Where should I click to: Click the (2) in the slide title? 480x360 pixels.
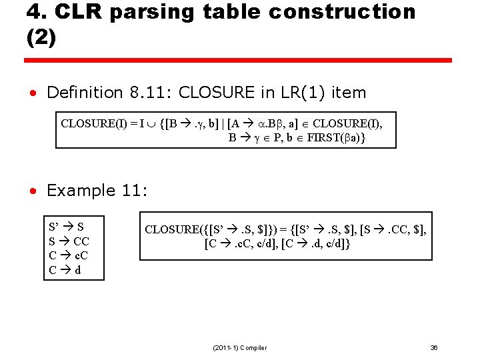tap(41, 38)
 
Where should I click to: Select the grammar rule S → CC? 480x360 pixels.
tap(69, 241)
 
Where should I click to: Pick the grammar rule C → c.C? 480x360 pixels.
tap(69, 255)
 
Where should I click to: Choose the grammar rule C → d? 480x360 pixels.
tap(65, 270)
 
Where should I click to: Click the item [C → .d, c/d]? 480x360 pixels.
tap(317, 244)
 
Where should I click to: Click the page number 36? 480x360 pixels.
tap(434, 347)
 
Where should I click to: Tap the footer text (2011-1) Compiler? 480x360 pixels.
tap(239, 347)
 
